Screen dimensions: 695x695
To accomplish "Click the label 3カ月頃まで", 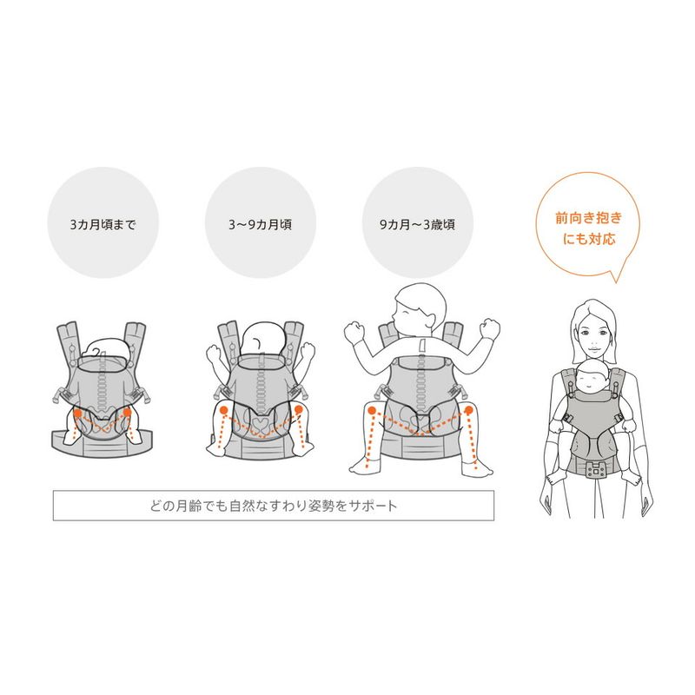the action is coord(103,225).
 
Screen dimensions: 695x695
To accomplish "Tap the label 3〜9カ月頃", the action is coord(260,225).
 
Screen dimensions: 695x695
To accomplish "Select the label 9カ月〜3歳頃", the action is coord(418,225).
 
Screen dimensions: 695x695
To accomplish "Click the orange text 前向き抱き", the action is coord(589,218).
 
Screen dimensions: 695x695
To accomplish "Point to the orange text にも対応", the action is coord(589,239).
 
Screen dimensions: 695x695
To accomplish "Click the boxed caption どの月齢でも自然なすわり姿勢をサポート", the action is coord(273,506).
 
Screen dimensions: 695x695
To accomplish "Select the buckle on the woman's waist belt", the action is coord(597,469).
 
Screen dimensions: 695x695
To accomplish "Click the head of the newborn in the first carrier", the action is coord(109,349).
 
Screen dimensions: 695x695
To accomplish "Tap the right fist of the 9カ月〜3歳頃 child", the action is coord(490,328).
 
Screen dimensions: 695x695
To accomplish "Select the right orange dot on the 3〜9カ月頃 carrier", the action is coord(298,409).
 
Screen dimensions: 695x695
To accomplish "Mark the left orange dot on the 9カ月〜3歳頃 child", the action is coord(372,410).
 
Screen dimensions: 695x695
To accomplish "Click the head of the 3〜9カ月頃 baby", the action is coord(263,341).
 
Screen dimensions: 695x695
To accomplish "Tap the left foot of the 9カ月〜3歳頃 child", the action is coord(364,467).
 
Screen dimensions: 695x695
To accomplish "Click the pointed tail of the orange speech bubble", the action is coord(616,281).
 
